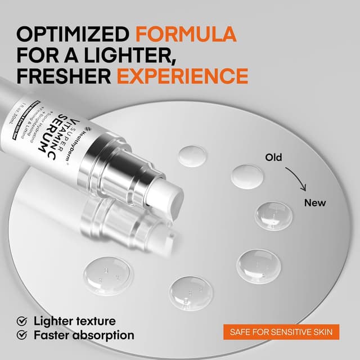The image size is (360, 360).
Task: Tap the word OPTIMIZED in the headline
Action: [73, 34]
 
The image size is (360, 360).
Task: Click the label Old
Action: [273, 158]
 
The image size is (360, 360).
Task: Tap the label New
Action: [314, 202]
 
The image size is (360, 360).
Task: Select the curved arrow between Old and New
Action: [296, 179]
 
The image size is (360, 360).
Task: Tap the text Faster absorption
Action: [84, 336]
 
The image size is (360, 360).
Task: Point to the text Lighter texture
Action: [74, 321]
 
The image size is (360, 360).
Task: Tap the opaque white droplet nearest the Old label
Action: [247, 175]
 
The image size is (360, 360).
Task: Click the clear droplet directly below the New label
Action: [273, 216]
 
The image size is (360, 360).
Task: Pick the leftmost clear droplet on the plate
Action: [108, 276]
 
